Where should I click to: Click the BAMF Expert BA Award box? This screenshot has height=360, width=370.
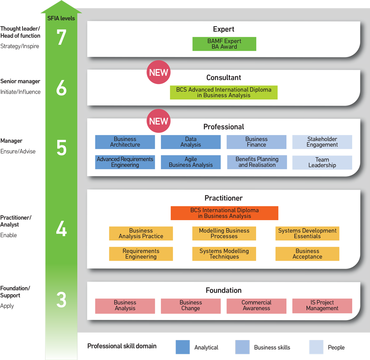[224, 44]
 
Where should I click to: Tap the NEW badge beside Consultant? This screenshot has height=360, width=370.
[159, 72]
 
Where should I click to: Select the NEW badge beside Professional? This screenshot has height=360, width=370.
[159, 121]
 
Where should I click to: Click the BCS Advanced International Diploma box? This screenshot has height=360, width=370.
[224, 92]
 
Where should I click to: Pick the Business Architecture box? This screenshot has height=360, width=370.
[125, 142]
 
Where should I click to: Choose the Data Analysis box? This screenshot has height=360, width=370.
[191, 142]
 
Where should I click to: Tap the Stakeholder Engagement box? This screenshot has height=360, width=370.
[322, 142]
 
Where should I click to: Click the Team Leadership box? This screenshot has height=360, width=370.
[322, 162]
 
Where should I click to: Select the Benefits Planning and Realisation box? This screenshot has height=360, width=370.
[257, 162]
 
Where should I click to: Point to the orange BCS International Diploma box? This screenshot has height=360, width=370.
[225, 213]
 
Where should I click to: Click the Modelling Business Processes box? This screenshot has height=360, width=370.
[224, 233]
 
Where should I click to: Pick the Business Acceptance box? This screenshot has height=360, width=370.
[307, 254]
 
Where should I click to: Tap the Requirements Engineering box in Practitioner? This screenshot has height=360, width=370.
[141, 254]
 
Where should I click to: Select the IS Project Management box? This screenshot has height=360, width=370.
[322, 306]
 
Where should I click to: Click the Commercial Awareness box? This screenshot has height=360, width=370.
[256, 306]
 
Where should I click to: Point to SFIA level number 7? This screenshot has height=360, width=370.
[61, 37]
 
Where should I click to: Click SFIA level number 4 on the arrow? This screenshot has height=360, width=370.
[61, 228]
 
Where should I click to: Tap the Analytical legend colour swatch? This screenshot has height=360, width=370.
[183, 347]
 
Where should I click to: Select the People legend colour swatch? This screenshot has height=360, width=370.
[316, 347]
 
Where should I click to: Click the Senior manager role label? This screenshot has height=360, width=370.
[20, 81]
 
